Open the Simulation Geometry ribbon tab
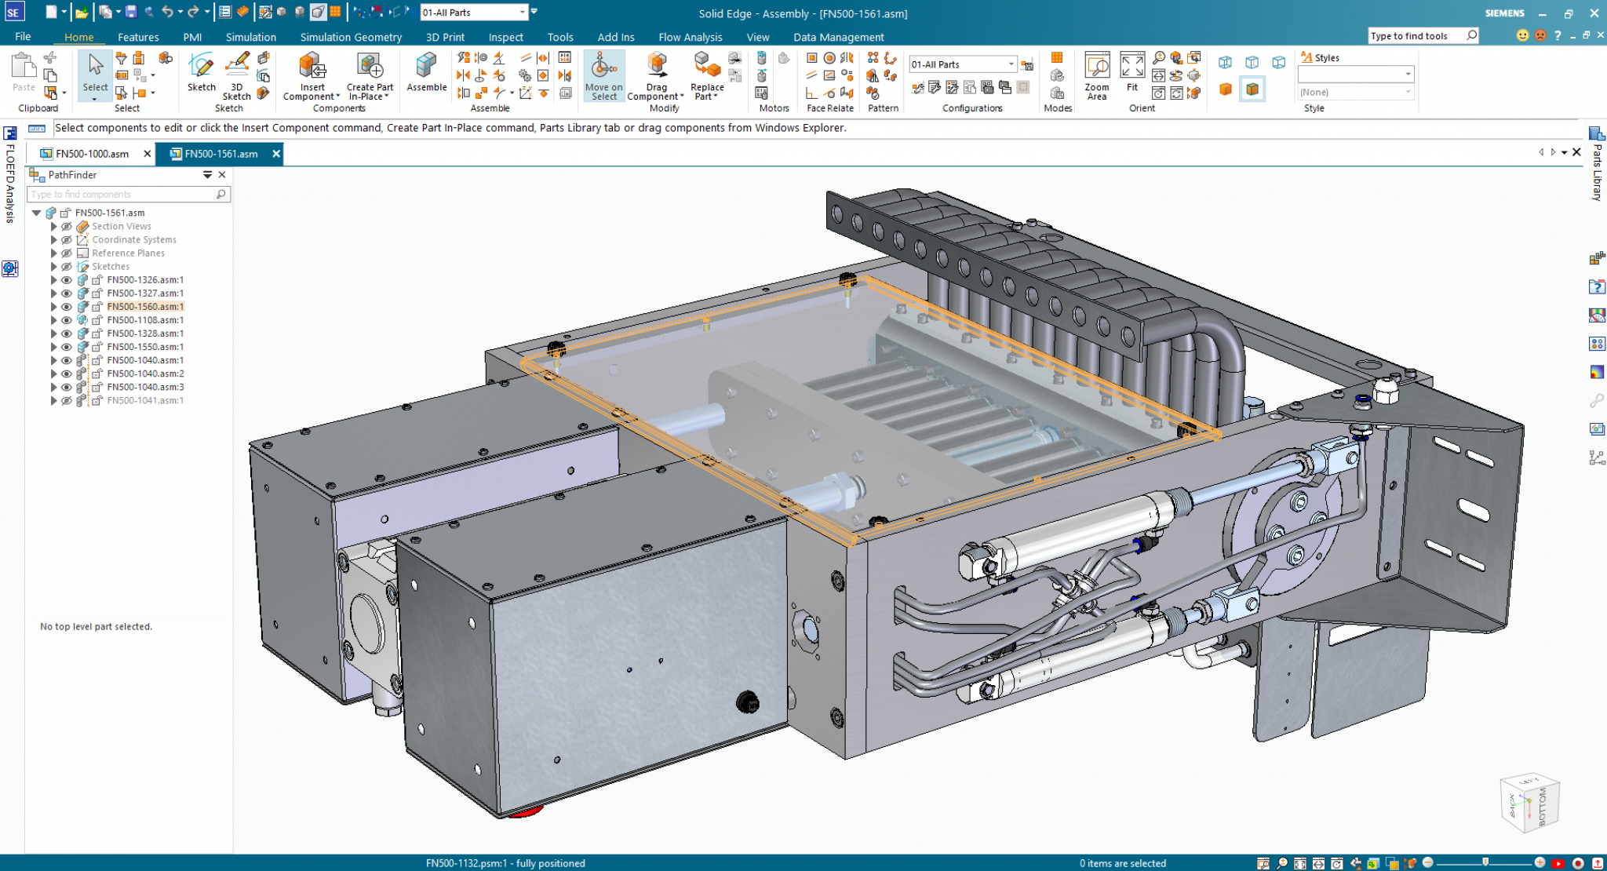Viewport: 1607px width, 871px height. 351,37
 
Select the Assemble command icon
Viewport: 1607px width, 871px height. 426,73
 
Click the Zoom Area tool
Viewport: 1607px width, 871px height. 1096,75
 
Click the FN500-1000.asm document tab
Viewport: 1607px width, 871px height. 92,154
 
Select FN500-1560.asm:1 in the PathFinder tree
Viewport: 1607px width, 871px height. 145,307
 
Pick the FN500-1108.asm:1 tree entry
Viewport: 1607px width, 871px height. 145,320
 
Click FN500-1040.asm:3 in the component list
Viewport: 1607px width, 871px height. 145,387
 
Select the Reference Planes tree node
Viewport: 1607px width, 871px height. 128,253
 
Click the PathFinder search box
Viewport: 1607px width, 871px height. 122,195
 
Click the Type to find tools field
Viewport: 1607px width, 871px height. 1416,36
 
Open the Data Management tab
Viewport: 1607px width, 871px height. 838,37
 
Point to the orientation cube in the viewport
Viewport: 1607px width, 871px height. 1529,803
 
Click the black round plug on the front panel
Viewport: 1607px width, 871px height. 747,702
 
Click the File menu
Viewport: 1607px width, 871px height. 23,37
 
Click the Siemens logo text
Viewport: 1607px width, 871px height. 1504,13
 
